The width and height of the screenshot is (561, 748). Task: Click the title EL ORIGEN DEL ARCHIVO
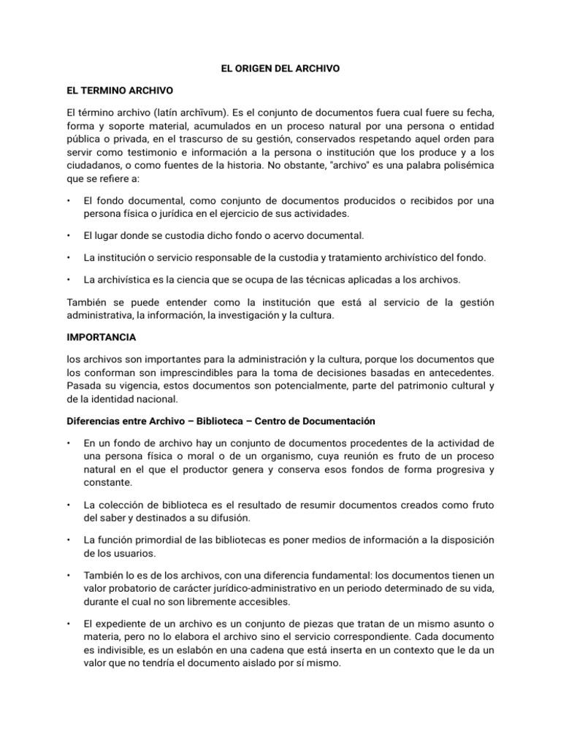pyautogui.click(x=280, y=68)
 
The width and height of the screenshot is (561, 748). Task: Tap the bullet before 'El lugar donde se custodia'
pyautogui.click(x=67, y=236)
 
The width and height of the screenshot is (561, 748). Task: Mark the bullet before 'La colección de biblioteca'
pyautogui.click(x=67, y=505)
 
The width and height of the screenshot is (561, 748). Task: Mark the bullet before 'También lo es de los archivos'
pyautogui.click(x=67, y=575)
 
